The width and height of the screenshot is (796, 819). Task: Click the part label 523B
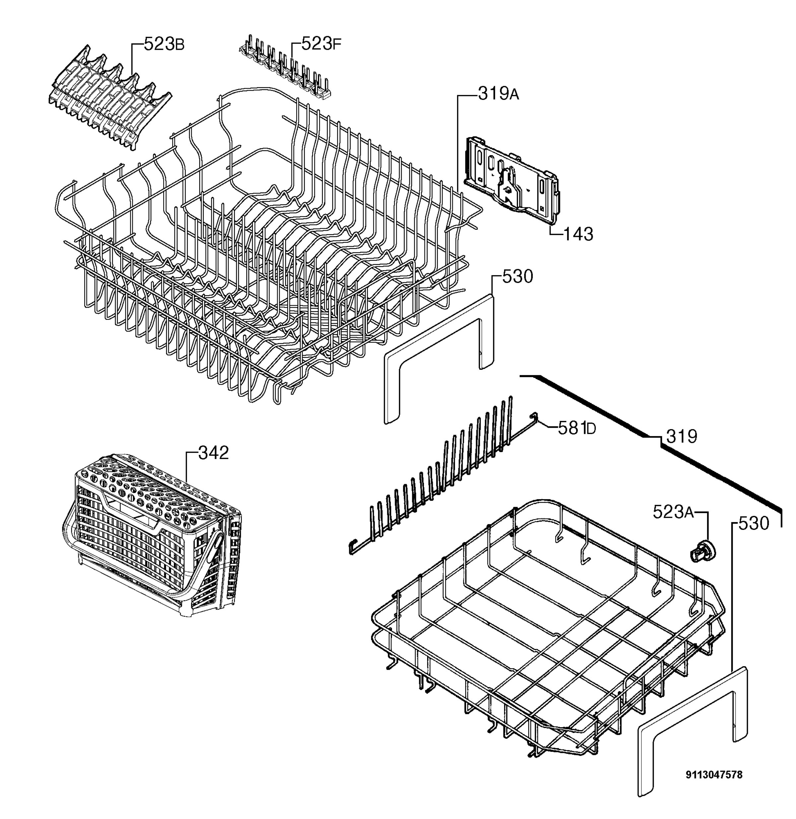[164, 44]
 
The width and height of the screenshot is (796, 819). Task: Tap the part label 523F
[321, 43]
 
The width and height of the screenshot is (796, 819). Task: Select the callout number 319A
[498, 94]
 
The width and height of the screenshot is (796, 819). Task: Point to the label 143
[579, 234]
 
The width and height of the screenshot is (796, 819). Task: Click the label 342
[214, 453]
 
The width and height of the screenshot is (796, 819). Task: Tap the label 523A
[673, 512]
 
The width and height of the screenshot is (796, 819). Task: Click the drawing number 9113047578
[714, 775]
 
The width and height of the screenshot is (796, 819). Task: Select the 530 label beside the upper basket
[518, 276]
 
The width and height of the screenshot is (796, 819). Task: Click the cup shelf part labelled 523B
[109, 97]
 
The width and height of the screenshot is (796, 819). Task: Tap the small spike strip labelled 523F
[286, 67]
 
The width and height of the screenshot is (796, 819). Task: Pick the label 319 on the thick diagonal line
[682, 436]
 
